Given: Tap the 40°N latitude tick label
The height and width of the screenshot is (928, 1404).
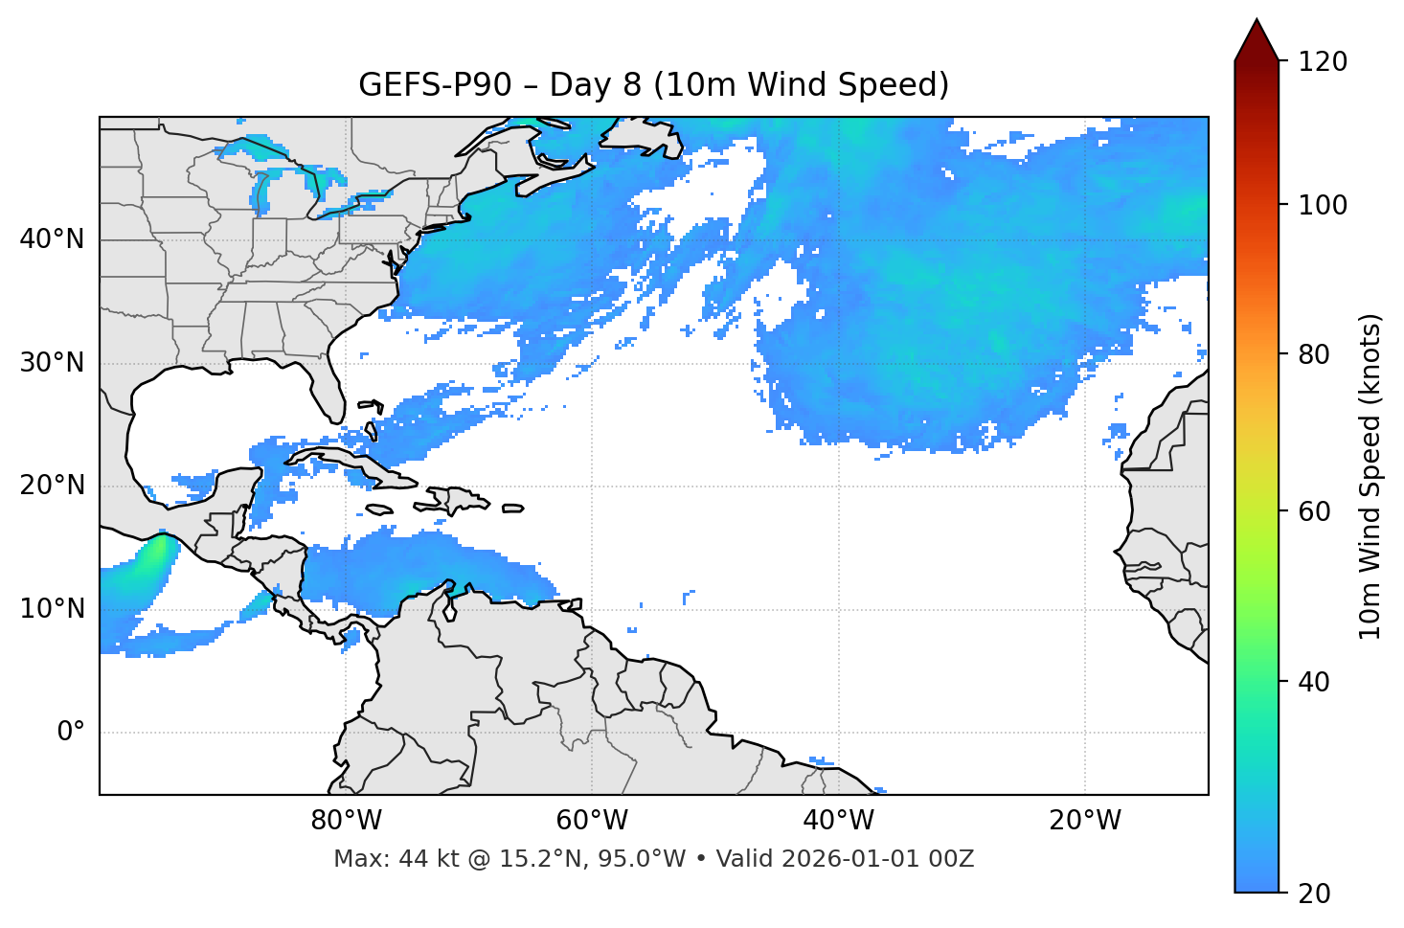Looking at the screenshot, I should tap(52, 239).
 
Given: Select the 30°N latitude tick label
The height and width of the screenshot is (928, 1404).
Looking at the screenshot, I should tap(52, 363).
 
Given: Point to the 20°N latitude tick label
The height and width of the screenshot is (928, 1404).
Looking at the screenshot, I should tap(52, 486).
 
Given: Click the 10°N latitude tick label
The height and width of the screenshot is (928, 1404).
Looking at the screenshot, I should tap(52, 609).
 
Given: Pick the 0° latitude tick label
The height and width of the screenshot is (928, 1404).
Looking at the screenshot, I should tap(70, 733).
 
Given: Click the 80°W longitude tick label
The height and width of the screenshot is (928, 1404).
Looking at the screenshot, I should tap(346, 821).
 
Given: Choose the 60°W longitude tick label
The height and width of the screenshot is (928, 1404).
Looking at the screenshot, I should tap(592, 821).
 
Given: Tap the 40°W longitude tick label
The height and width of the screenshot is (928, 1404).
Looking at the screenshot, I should tap(839, 821).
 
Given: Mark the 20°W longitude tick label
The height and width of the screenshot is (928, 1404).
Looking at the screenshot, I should tap(1085, 821).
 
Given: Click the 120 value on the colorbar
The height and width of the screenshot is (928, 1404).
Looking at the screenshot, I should tap(1322, 62).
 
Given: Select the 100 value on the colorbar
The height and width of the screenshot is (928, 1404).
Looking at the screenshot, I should tap(1322, 205).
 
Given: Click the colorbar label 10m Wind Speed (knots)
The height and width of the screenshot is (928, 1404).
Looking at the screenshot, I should tap(1370, 476).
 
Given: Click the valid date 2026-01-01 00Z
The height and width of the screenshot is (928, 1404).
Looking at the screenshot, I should tap(877, 859).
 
